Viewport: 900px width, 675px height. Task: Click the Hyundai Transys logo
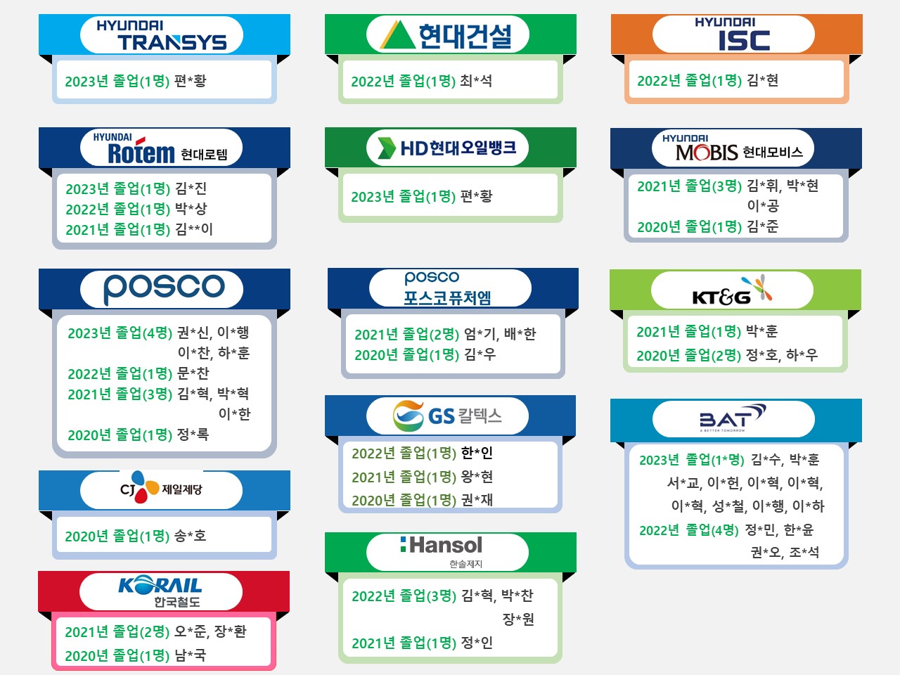tap(162, 35)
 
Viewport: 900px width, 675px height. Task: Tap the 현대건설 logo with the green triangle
tap(446, 35)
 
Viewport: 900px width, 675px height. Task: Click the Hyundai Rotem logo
tap(160, 149)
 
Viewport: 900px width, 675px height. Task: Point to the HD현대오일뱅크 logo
tap(447, 148)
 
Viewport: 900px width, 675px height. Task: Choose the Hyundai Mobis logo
tap(732, 148)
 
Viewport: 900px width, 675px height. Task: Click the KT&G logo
tap(732, 290)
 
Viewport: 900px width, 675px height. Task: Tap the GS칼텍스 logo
tap(447, 416)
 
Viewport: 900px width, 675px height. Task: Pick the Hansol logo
tap(442, 552)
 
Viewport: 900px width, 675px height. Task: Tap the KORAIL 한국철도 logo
tap(160, 591)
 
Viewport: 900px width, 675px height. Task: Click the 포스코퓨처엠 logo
tap(447, 288)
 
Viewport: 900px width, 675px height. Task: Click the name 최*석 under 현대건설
tap(475, 81)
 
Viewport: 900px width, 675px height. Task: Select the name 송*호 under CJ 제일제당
tap(190, 536)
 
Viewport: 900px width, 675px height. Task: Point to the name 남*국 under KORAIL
tap(190, 655)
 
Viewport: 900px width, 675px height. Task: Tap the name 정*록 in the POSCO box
tap(193, 434)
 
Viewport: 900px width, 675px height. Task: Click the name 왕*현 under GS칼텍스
tap(477, 477)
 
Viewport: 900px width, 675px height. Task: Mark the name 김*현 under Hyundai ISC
tap(762, 80)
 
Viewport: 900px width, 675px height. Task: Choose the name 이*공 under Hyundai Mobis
tap(763, 205)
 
